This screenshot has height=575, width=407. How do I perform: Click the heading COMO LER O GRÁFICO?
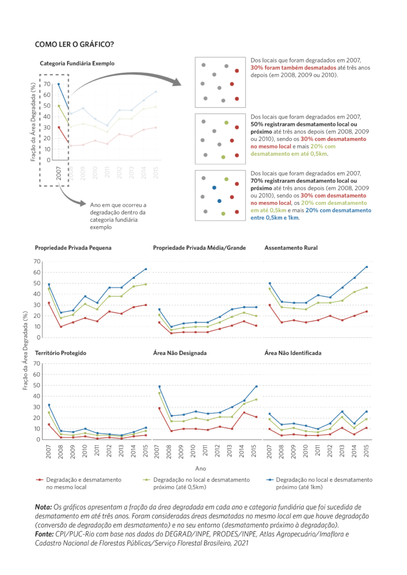[74, 44]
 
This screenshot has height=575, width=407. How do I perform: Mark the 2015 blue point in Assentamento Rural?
[367, 267]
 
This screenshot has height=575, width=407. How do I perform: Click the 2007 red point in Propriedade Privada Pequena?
[49, 303]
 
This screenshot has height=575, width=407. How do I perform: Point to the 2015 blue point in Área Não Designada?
[256, 386]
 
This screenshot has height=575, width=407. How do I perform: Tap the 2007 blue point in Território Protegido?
[49, 405]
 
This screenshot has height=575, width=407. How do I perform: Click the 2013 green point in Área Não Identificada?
[342, 417]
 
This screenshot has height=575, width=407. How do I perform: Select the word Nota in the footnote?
[44, 506]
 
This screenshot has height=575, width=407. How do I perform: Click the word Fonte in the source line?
[45, 534]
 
